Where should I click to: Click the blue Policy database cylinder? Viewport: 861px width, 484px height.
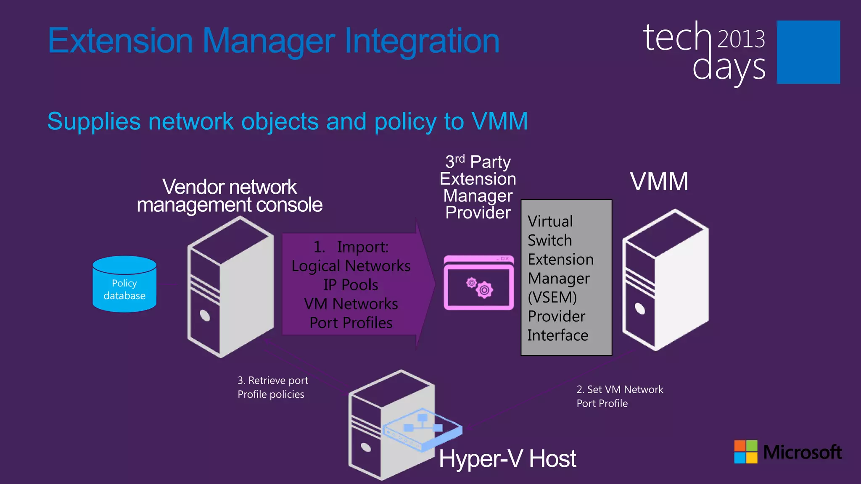(124, 284)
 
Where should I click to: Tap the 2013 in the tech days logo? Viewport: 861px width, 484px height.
(741, 39)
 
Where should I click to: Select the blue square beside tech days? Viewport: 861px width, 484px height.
(808, 52)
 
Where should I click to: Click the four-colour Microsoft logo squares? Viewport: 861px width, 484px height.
(745, 452)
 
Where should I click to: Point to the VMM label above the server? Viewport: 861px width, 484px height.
(659, 181)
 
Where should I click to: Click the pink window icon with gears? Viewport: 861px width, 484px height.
(478, 283)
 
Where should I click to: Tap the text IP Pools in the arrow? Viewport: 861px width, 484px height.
(351, 285)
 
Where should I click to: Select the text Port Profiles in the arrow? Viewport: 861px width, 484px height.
(351, 323)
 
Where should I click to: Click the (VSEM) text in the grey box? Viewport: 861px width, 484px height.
(552, 297)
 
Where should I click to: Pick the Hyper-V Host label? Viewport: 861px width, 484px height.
(507, 458)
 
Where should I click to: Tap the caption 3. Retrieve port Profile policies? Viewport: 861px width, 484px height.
(272, 387)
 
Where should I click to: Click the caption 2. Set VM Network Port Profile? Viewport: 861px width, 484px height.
(619, 396)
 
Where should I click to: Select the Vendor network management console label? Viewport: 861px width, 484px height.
(230, 196)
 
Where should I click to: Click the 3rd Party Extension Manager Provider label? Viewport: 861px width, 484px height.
(478, 187)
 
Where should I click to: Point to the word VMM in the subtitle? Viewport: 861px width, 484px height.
(499, 121)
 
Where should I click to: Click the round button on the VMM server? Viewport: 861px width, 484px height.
(639, 308)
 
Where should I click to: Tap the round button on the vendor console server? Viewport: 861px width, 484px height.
(205, 315)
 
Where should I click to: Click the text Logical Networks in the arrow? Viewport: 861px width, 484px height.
(351, 266)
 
